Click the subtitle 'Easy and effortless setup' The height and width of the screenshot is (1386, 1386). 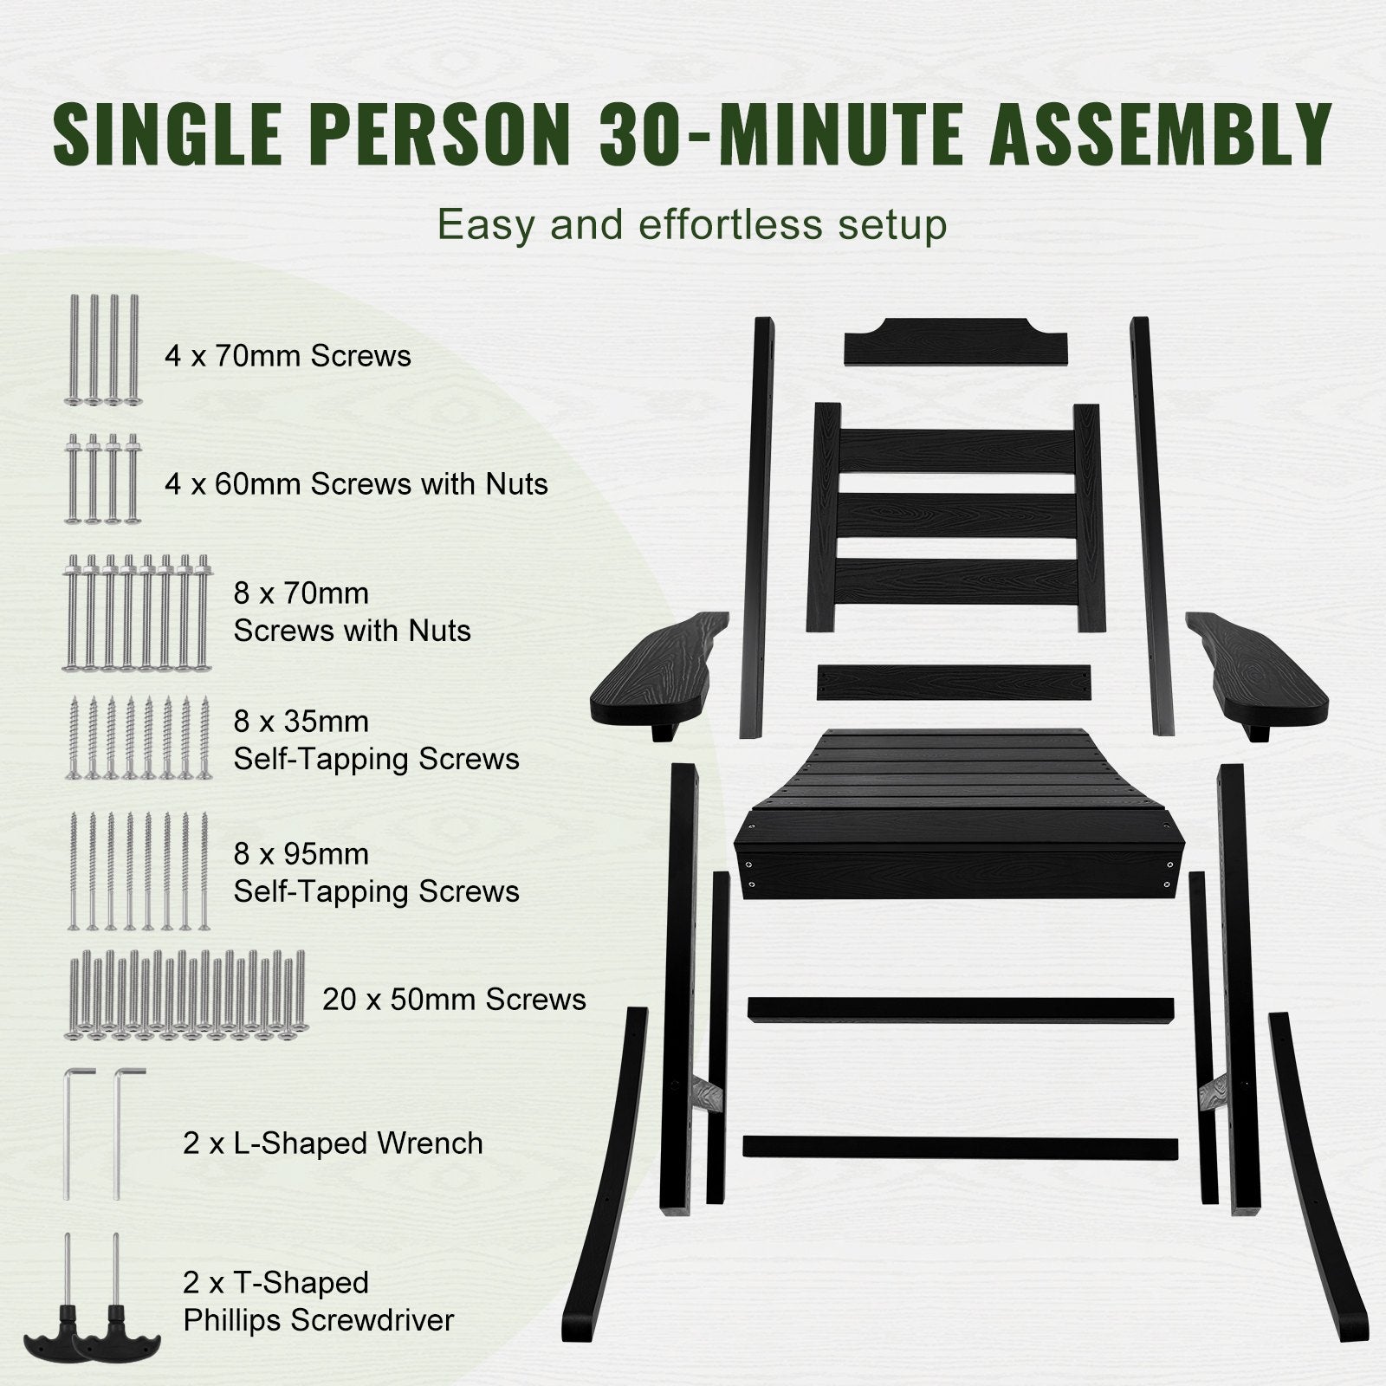pyautogui.click(x=692, y=224)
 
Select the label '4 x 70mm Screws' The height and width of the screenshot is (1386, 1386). pyautogui.click(x=288, y=356)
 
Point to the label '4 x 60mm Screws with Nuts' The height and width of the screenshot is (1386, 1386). pyautogui.click(x=356, y=483)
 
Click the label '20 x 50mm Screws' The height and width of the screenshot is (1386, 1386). pyautogui.click(x=454, y=1000)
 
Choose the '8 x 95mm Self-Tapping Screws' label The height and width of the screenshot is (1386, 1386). pyautogui.click(x=376, y=872)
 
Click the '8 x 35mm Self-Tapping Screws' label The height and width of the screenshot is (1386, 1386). pyautogui.click(x=376, y=740)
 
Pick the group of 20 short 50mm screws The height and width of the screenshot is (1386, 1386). pyautogui.click(x=185, y=994)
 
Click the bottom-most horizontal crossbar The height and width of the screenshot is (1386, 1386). pyautogui.click(x=960, y=1147)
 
